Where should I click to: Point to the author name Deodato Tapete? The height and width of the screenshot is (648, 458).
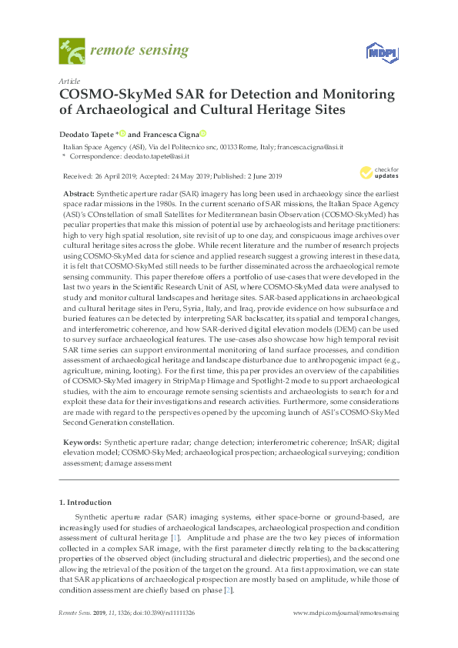[x=87, y=133]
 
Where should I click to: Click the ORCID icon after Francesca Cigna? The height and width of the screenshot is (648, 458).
[x=203, y=133]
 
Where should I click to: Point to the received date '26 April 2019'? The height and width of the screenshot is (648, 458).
[x=115, y=175]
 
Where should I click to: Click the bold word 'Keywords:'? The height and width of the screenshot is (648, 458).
[x=79, y=443]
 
